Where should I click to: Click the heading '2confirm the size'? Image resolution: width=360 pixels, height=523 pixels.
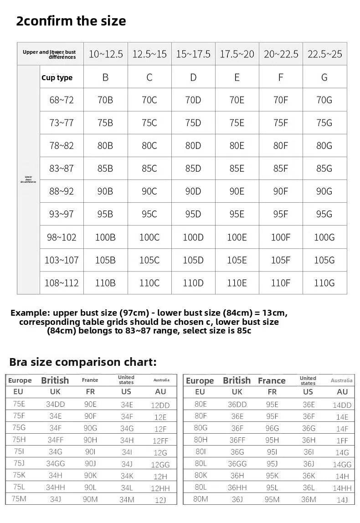coord(71,21)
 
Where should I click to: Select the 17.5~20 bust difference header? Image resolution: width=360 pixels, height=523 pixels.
coord(237,54)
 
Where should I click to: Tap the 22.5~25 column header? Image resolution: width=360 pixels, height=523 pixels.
coord(324,54)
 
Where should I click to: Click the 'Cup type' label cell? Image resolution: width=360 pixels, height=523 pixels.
coord(57,77)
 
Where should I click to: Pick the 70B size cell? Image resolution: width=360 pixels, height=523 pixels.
coord(105,100)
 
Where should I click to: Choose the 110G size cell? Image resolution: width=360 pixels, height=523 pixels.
coord(324,283)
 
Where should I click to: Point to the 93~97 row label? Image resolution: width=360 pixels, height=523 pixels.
coord(62,214)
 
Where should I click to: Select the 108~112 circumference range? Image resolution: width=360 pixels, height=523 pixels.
coord(62,283)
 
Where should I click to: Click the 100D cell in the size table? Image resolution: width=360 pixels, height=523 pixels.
coord(193,237)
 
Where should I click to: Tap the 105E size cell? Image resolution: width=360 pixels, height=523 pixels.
coord(237,260)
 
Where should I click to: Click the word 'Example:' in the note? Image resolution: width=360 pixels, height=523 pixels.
coord(30,313)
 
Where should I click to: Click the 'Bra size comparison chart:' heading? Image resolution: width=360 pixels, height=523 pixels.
coord(83,362)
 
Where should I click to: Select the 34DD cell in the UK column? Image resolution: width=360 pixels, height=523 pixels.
coord(55,404)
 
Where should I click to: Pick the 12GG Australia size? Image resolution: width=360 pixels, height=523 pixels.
coord(161,465)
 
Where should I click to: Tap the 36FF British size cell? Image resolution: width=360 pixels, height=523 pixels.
coord(237,440)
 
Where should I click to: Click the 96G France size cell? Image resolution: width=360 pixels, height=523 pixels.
coord(272,428)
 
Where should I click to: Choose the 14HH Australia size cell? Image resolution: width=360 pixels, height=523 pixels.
coord(342,488)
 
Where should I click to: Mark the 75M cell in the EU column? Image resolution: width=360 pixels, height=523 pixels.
coord(19,498)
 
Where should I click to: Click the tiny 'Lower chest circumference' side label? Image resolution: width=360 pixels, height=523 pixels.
coord(28,179)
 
